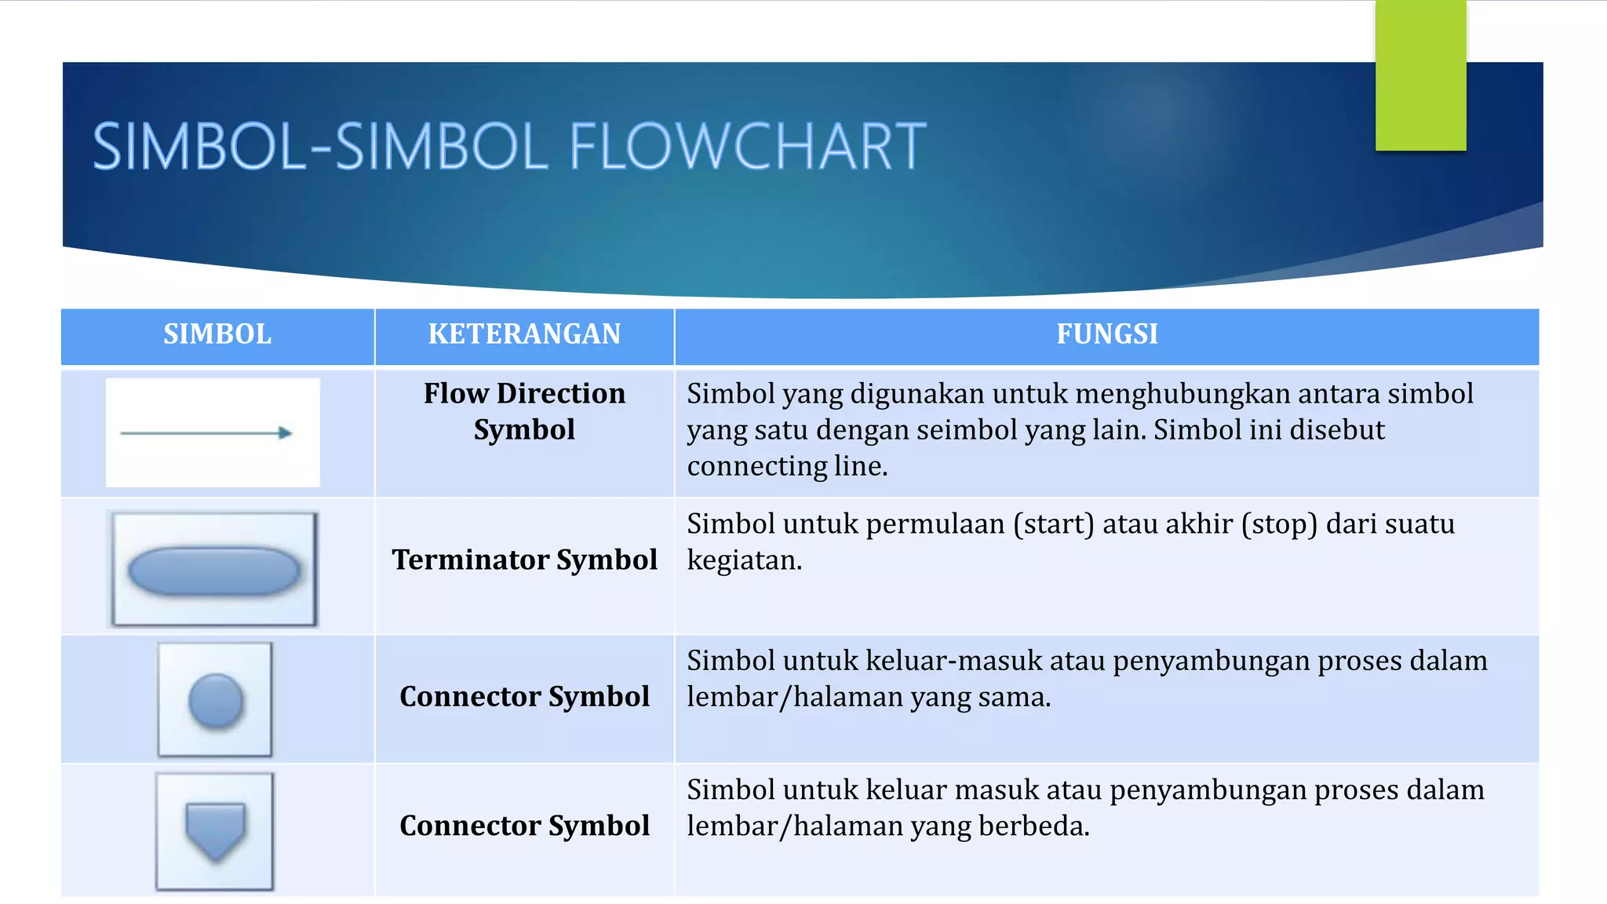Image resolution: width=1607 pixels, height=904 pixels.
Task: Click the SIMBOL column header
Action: pyautogui.click(x=217, y=334)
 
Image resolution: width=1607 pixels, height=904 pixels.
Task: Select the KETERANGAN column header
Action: pyautogui.click(x=524, y=334)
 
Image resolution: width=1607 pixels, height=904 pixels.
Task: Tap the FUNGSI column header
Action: pyautogui.click(x=1106, y=334)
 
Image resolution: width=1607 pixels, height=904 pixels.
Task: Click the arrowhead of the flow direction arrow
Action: pyautogui.click(x=286, y=432)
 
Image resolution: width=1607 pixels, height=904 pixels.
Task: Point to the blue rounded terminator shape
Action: pyautogui.click(x=214, y=570)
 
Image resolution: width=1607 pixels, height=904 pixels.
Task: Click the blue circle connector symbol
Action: pyautogui.click(x=216, y=700)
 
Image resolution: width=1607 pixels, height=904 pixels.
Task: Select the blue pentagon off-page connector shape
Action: pyautogui.click(x=215, y=830)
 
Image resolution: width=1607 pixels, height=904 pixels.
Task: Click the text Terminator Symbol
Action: pyautogui.click(x=524, y=560)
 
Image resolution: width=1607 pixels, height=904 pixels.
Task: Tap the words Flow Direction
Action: pyautogui.click(x=524, y=393)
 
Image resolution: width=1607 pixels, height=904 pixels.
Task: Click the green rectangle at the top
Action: pyautogui.click(x=1420, y=75)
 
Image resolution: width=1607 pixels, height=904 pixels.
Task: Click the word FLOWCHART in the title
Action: pyautogui.click(x=747, y=147)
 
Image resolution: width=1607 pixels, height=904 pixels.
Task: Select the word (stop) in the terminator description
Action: pyautogui.click(x=1279, y=523)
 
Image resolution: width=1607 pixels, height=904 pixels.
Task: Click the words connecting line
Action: pyautogui.click(x=787, y=466)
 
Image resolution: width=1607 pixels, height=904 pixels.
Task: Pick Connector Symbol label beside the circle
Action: pyautogui.click(x=524, y=697)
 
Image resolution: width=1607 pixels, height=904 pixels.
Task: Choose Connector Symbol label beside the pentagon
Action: pyautogui.click(x=524, y=826)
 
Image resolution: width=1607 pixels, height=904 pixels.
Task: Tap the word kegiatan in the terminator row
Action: pyautogui.click(x=744, y=560)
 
